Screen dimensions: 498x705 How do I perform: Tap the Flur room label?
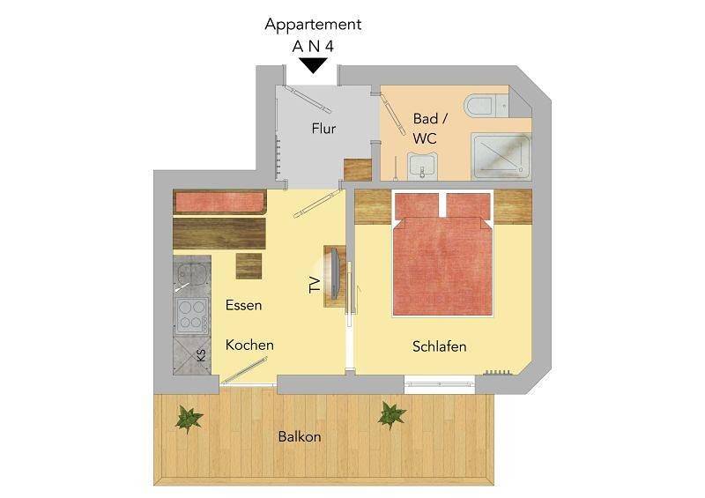pyautogui.click(x=323, y=129)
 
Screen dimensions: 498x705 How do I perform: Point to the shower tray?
pyautogui.click(x=501, y=157)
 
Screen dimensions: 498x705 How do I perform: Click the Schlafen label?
pyautogui.click(x=439, y=346)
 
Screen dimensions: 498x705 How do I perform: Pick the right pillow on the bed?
pyautogui.click(x=468, y=205)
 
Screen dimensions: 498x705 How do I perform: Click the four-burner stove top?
pyautogui.click(x=191, y=313)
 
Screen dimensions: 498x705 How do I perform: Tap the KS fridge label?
pyautogui.click(x=201, y=356)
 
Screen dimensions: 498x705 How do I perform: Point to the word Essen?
pyautogui.click(x=243, y=306)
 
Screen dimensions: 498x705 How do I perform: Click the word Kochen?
pyautogui.click(x=249, y=345)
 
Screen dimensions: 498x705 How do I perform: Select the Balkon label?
pyautogui.click(x=300, y=436)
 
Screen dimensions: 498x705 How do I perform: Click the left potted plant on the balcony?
pyautogui.click(x=188, y=418)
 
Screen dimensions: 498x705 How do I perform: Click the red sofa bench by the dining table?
pyautogui.click(x=219, y=202)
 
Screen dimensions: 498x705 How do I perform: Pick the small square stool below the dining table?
pyautogui.click(x=249, y=265)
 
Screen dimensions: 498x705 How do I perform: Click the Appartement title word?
pyautogui.click(x=313, y=25)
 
